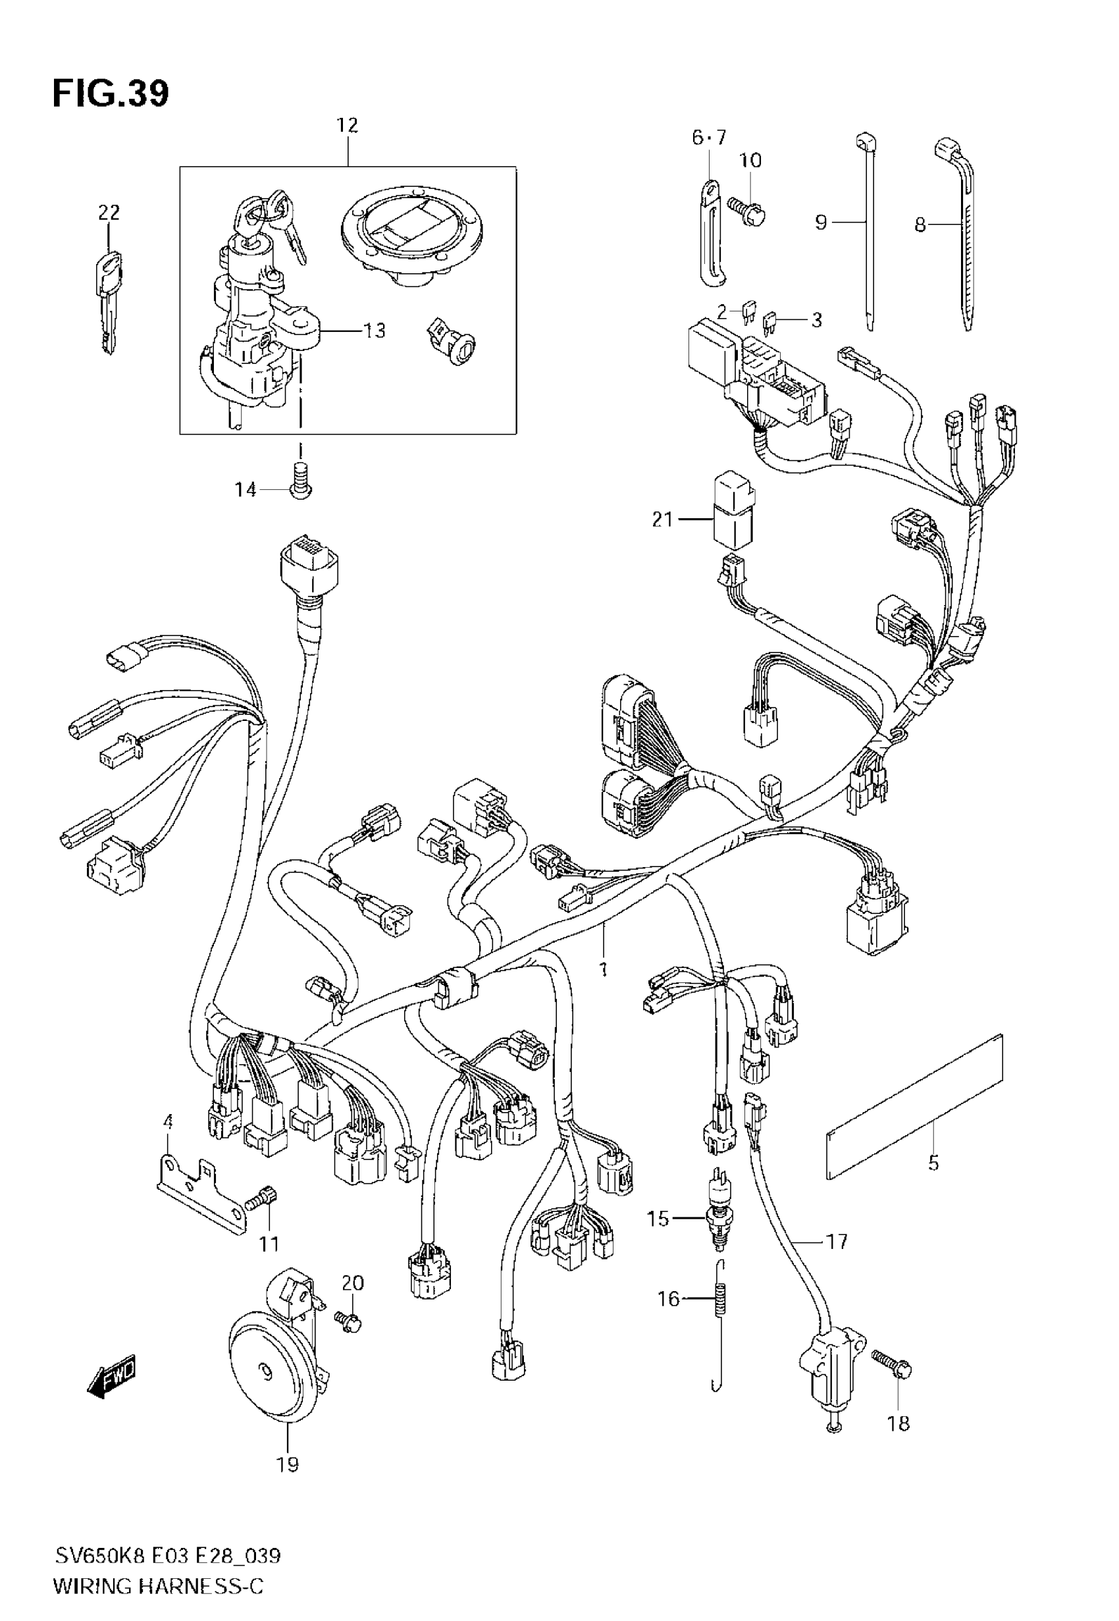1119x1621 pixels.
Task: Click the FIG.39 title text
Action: point(111,93)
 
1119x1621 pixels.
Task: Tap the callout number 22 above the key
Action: point(109,212)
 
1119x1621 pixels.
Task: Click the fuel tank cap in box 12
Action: point(413,235)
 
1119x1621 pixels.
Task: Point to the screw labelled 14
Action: point(300,481)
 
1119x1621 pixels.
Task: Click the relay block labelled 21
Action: point(733,510)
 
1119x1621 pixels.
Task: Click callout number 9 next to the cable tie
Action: point(821,223)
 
